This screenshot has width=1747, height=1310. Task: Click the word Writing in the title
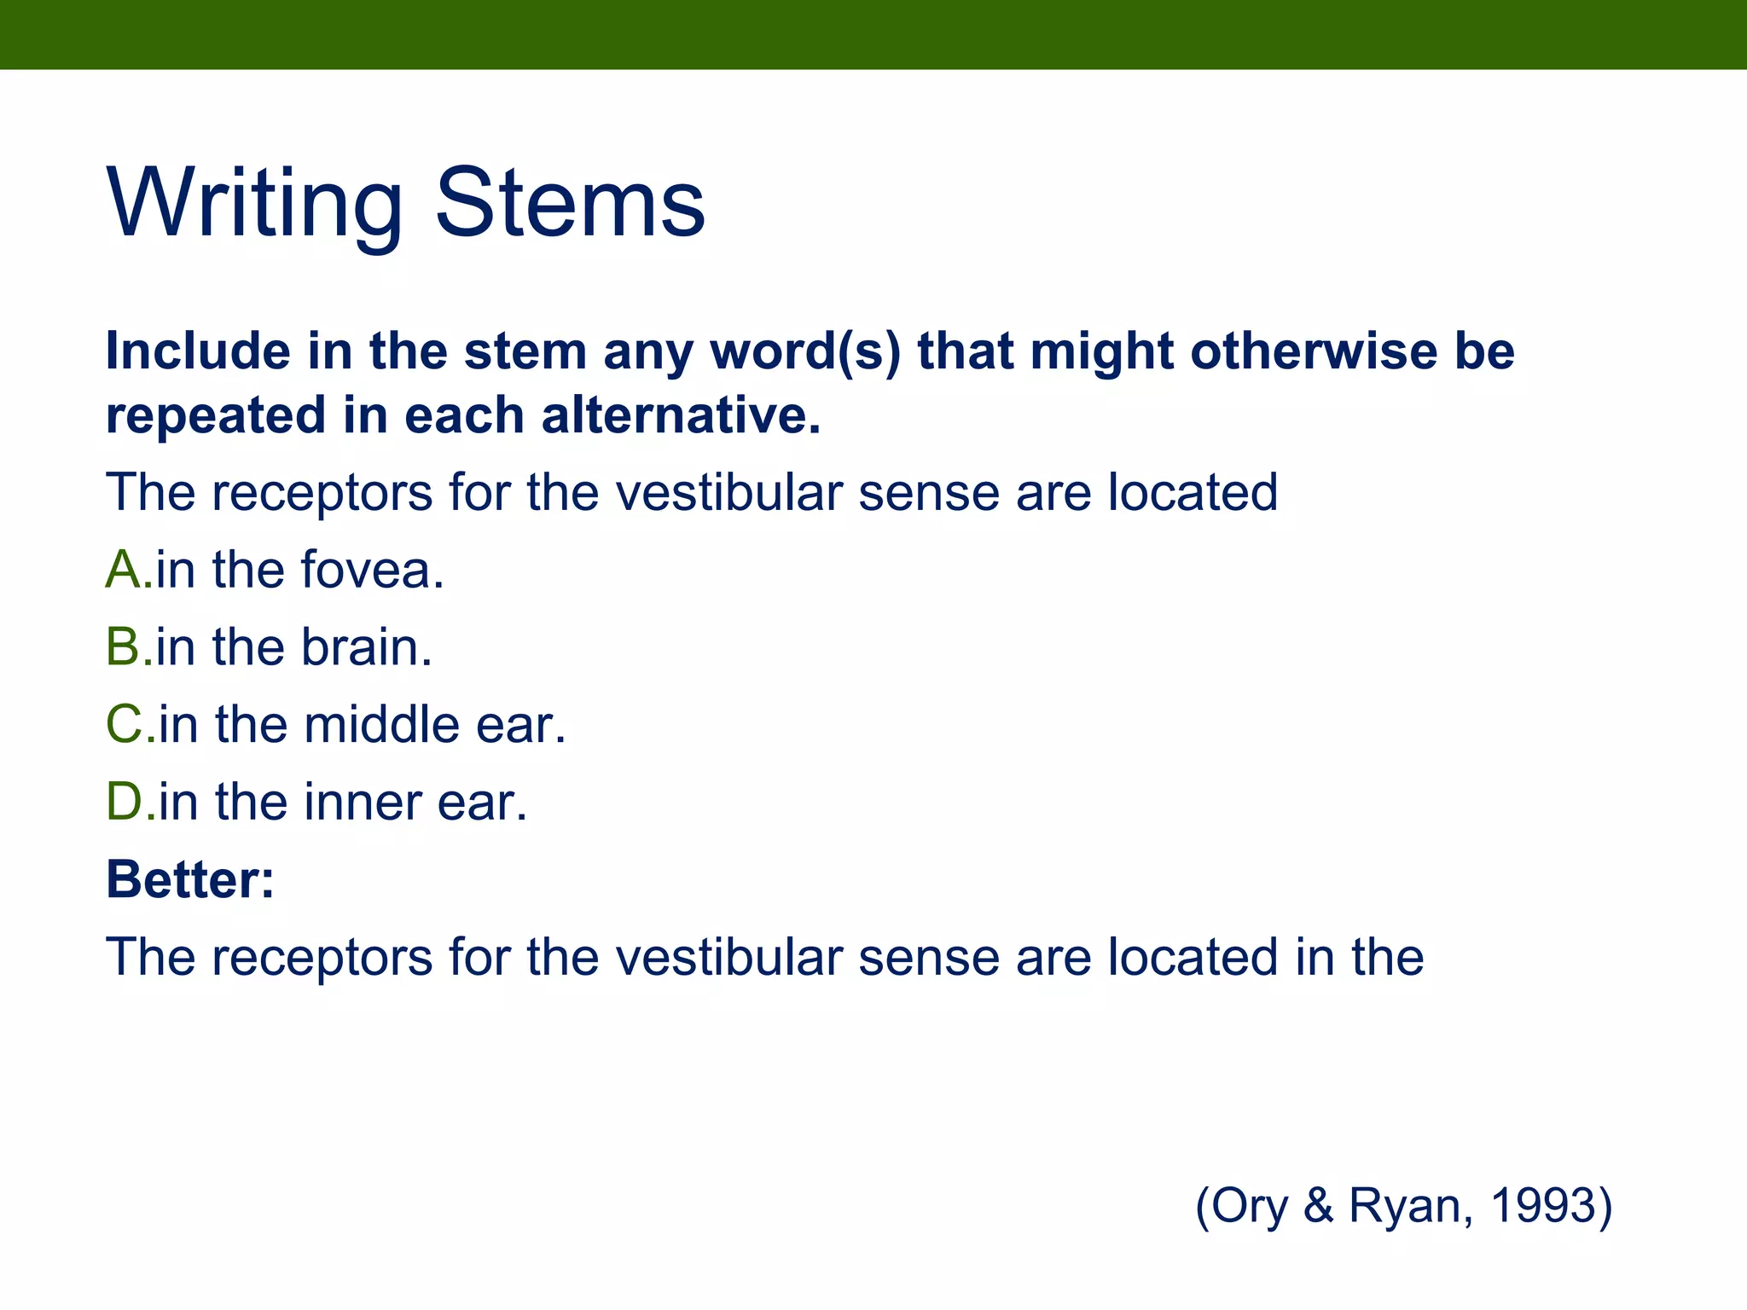[x=254, y=205]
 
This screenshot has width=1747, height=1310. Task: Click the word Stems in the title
[x=570, y=205]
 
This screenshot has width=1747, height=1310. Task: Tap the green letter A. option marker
[x=128, y=570]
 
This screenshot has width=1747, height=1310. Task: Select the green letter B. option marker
[x=128, y=647]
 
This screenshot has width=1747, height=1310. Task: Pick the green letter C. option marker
[x=130, y=725]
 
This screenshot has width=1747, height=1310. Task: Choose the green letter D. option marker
[x=130, y=803]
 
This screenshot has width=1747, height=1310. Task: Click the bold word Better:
[x=190, y=879]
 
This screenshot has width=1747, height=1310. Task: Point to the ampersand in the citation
[x=1318, y=1206]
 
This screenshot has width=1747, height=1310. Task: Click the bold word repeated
[x=216, y=415]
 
